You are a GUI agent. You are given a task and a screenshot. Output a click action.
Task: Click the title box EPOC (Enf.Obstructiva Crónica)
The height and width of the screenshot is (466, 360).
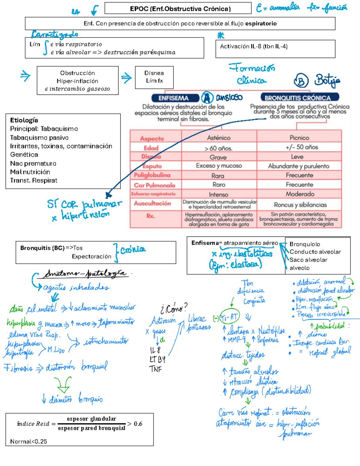pyautogui.click(x=178, y=8)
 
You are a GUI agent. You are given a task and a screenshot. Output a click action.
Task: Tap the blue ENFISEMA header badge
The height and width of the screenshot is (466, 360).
pyautogui.click(x=174, y=98)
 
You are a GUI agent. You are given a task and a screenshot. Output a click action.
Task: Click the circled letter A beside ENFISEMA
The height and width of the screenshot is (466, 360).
pyautogui.click(x=207, y=98)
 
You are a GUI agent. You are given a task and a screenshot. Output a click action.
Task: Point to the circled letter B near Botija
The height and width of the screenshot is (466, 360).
pyautogui.click(x=301, y=80)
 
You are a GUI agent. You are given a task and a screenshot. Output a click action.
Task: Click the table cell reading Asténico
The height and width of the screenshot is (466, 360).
pyautogui.click(x=219, y=138)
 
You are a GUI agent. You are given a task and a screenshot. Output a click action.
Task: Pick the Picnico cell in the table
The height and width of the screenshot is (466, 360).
pyautogui.click(x=299, y=138)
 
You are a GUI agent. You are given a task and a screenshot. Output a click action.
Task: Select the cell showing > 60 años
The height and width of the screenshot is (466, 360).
pyautogui.click(x=218, y=148)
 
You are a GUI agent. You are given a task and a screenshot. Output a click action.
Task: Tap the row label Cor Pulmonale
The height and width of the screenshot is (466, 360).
pyautogui.click(x=154, y=185)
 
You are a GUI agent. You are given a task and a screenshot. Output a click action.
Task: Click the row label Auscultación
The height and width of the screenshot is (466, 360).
pyautogui.click(x=152, y=203)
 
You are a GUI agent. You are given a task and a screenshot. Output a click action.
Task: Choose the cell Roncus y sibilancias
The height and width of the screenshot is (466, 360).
pyautogui.click(x=300, y=205)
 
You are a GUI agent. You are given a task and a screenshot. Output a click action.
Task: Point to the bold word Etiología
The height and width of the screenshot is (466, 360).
pyautogui.click(x=24, y=120)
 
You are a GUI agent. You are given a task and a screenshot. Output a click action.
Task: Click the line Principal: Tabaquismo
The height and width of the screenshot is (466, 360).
pyautogui.click(x=44, y=129)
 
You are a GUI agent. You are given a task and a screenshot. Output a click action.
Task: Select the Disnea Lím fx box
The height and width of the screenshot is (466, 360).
pyautogui.click(x=154, y=77)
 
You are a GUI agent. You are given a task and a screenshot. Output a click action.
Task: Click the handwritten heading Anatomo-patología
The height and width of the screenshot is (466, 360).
pyautogui.click(x=85, y=274)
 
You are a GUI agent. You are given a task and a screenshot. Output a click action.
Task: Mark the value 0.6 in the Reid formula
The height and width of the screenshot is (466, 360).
pyautogui.click(x=138, y=424)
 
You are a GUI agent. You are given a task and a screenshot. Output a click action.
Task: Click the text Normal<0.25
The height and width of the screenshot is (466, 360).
pyautogui.click(x=28, y=441)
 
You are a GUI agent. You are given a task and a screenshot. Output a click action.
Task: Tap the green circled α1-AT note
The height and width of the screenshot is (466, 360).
pyautogui.click(x=230, y=316)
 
